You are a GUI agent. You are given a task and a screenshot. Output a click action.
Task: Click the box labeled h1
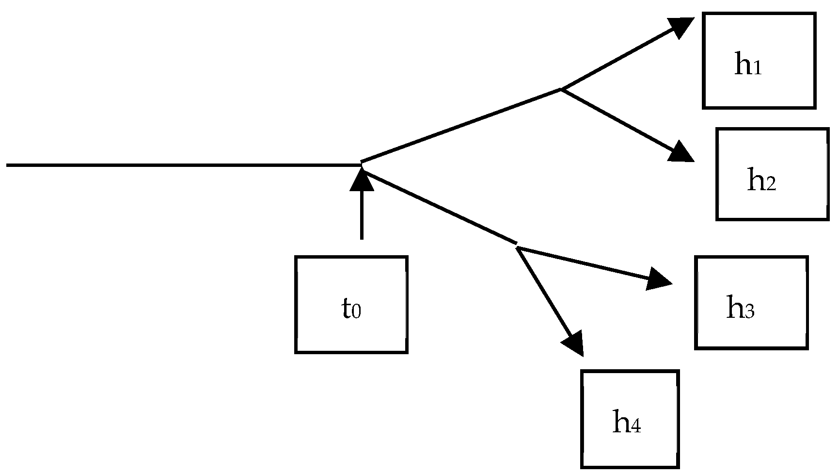[759, 60]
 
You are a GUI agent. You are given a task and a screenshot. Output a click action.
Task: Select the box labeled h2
[772, 174]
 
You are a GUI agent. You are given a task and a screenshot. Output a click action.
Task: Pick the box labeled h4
[630, 419]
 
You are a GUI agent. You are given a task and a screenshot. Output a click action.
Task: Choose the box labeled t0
[351, 304]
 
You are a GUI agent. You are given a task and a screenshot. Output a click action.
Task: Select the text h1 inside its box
[748, 65]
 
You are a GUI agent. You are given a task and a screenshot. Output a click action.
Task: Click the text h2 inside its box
[761, 180]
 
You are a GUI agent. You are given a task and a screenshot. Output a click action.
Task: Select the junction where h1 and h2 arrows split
[561, 89]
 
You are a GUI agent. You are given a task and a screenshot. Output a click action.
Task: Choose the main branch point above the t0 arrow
[362, 164]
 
